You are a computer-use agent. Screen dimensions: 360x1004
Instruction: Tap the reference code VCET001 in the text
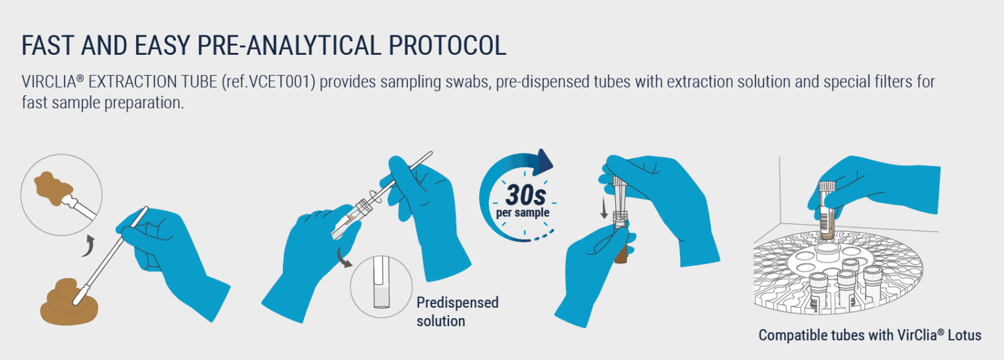coord(282,83)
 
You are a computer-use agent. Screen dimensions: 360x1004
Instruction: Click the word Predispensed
coord(458,303)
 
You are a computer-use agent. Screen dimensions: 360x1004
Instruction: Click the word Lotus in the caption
coord(963,335)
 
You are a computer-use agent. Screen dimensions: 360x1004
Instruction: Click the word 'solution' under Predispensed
coord(441,321)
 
